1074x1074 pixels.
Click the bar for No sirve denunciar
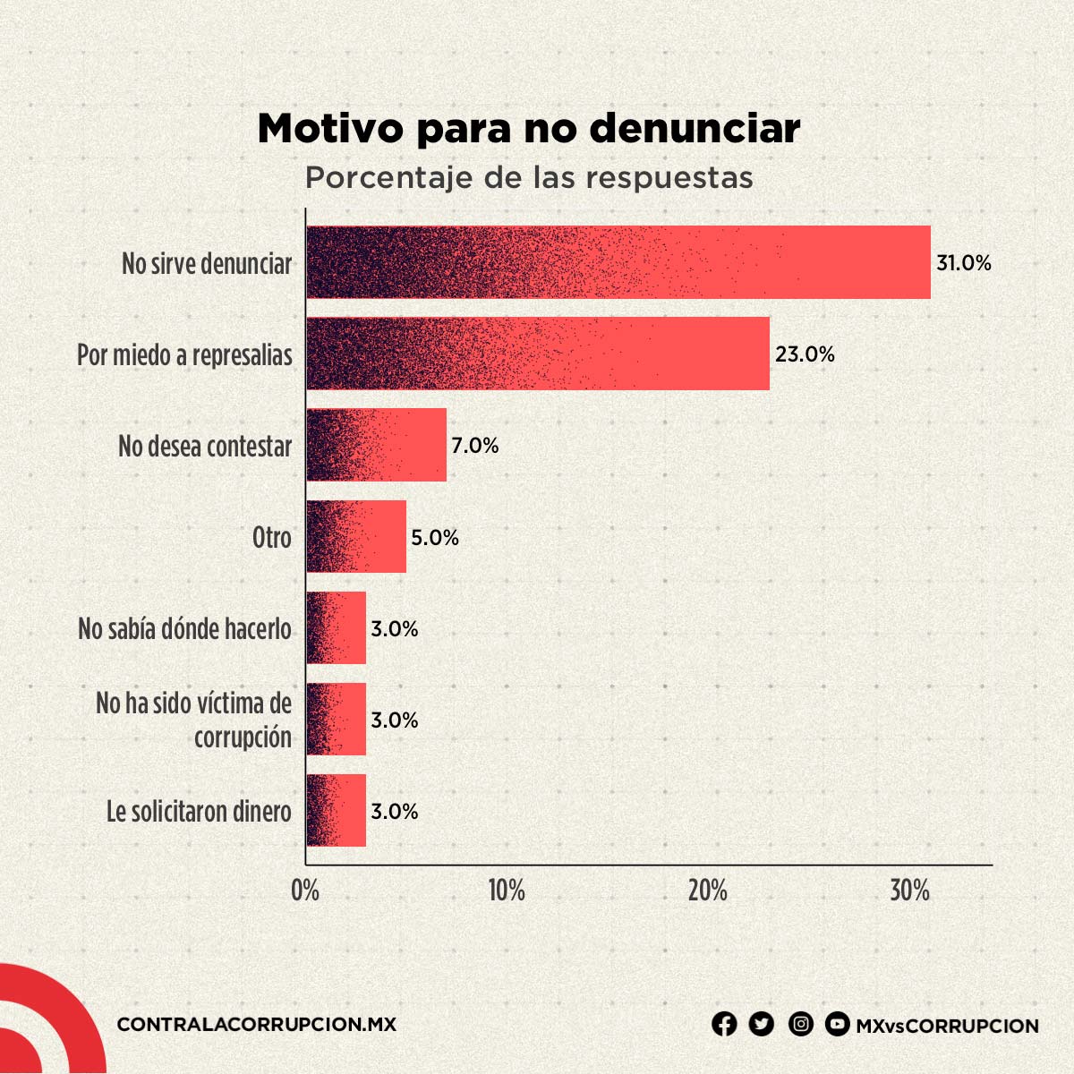coord(618,262)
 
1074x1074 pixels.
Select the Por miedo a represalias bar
coord(537,354)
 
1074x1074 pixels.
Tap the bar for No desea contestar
coord(376,445)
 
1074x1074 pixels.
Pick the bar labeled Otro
coord(356,536)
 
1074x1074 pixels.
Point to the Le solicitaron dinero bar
coord(336,810)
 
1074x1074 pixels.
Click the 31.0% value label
coord(964,263)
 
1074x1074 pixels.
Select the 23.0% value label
coord(805,354)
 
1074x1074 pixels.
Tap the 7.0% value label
coord(474,446)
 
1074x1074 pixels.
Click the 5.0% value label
coord(435,537)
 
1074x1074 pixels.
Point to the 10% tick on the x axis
coord(507,891)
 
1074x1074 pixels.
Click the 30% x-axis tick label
coord(909,891)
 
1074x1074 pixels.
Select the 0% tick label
coord(305,891)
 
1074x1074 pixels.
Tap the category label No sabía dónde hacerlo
coord(185,628)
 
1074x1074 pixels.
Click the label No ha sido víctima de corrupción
coord(194,720)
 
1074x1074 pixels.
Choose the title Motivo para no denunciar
coord(528,128)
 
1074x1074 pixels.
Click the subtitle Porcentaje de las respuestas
coord(528,177)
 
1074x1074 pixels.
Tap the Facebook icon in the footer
coord(724,1024)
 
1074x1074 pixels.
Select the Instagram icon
coord(801,1024)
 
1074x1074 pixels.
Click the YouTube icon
coord(837,1024)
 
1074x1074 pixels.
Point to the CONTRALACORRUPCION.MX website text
coord(256,1025)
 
